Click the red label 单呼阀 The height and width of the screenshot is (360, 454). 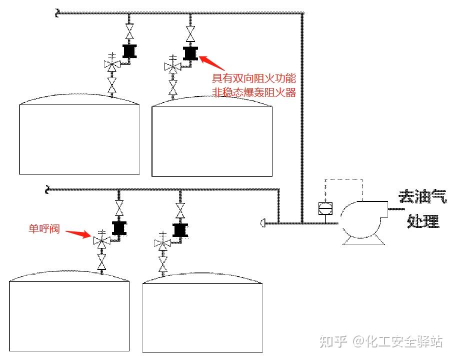tap(44, 229)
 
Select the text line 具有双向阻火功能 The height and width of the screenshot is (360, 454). tap(254, 78)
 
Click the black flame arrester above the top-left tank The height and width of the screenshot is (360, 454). tap(129, 51)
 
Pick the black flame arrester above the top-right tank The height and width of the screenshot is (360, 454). tap(190, 52)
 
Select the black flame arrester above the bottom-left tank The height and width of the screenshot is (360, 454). tap(119, 228)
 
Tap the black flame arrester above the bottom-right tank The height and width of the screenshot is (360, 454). tap(180, 230)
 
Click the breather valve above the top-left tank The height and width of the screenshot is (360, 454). tap(112, 64)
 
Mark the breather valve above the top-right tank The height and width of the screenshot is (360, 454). tap(173, 65)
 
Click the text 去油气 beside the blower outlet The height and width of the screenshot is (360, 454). tap(422, 196)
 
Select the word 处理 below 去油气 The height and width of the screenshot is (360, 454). tap(423, 220)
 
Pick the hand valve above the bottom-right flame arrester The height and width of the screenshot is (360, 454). tap(180, 209)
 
